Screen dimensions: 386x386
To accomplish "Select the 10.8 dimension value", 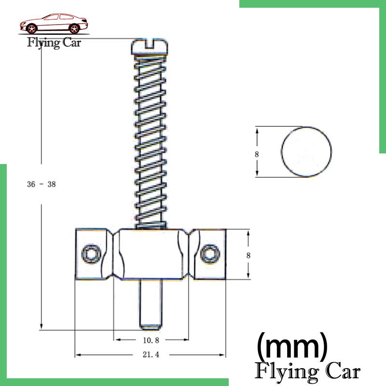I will coord(151,340).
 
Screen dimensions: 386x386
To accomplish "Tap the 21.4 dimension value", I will coord(151,355).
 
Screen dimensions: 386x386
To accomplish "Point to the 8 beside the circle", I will coord(257,154).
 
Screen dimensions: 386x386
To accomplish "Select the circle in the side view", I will coord(306,152).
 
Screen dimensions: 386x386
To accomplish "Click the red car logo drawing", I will coord(53,24).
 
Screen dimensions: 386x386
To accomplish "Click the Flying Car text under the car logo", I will coord(54,43).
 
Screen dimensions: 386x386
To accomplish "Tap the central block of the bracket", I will coord(150,255).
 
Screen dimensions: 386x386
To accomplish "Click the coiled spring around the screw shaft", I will coord(150,140).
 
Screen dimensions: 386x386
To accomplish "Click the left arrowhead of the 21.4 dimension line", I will coord(77,355).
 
